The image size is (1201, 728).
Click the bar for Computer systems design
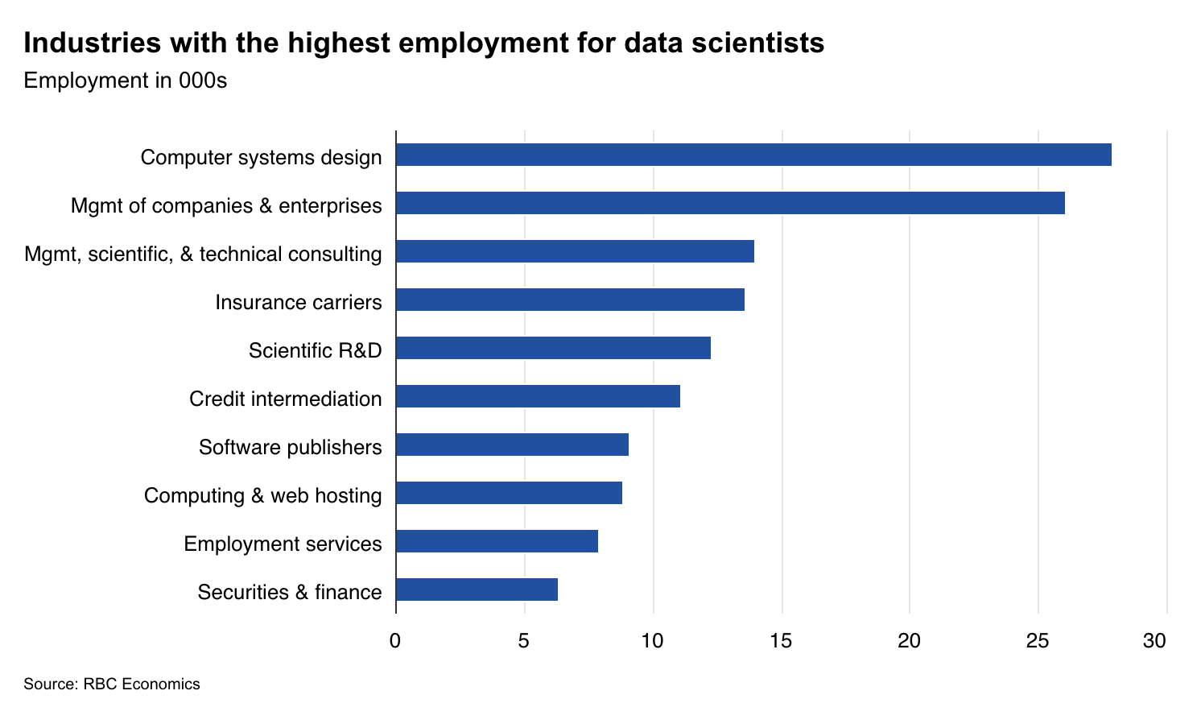[753, 155]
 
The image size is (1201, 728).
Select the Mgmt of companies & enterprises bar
[730, 203]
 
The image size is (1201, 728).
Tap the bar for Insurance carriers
[570, 300]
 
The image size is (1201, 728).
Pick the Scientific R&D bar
[553, 348]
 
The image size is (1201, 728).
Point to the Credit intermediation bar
[538, 396]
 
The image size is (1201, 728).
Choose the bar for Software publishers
[512, 445]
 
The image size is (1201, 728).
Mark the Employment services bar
[497, 541]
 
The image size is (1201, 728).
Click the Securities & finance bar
[477, 589]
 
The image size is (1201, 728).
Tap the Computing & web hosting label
[262, 495]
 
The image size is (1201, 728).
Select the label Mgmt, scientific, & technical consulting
[203, 254]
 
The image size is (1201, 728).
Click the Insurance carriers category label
[298, 303]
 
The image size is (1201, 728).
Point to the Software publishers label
[290, 447]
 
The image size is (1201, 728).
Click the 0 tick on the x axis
[395, 641]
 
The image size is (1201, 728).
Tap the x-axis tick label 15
[781, 641]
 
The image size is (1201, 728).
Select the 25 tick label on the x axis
[1038, 641]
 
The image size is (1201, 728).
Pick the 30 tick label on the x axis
[1154, 641]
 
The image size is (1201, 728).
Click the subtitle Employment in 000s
[126, 81]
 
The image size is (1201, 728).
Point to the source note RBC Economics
[141, 685]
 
